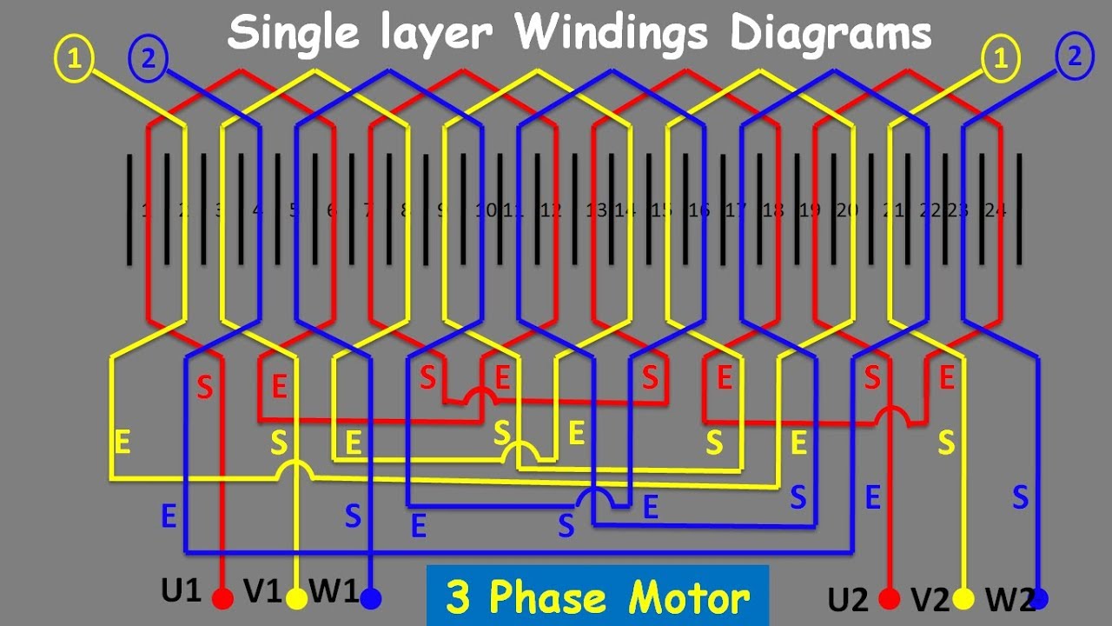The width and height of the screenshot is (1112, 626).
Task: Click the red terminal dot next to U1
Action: pyautogui.click(x=223, y=599)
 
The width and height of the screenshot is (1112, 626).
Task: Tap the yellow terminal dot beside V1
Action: pyautogui.click(x=297, y=599)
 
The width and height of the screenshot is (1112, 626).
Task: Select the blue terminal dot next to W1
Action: pyautogui.click(x=371, y=599)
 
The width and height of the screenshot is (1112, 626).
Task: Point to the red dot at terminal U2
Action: pyautogui.click(x=889, y=599)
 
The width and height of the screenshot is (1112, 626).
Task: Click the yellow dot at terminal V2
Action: pyautogui.click(x=963, y=599)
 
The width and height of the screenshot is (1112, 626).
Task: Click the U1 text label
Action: pyautogui.click(x=182, y=593)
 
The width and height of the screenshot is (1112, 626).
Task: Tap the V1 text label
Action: pyautogui.click(x=261, y=593)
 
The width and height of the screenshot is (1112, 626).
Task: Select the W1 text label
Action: pyautogui.click(x=333, y=593)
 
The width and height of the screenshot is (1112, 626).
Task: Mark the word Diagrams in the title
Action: pyautogui.click(x=831, y=35)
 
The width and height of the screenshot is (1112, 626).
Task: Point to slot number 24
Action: pyautogui.click(x=996, y=210)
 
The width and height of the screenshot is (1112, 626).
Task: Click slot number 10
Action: pyautogui.click(x=486, y=210)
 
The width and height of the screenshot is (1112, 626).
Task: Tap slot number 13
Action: pyautogui.click(x=596, y=210)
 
